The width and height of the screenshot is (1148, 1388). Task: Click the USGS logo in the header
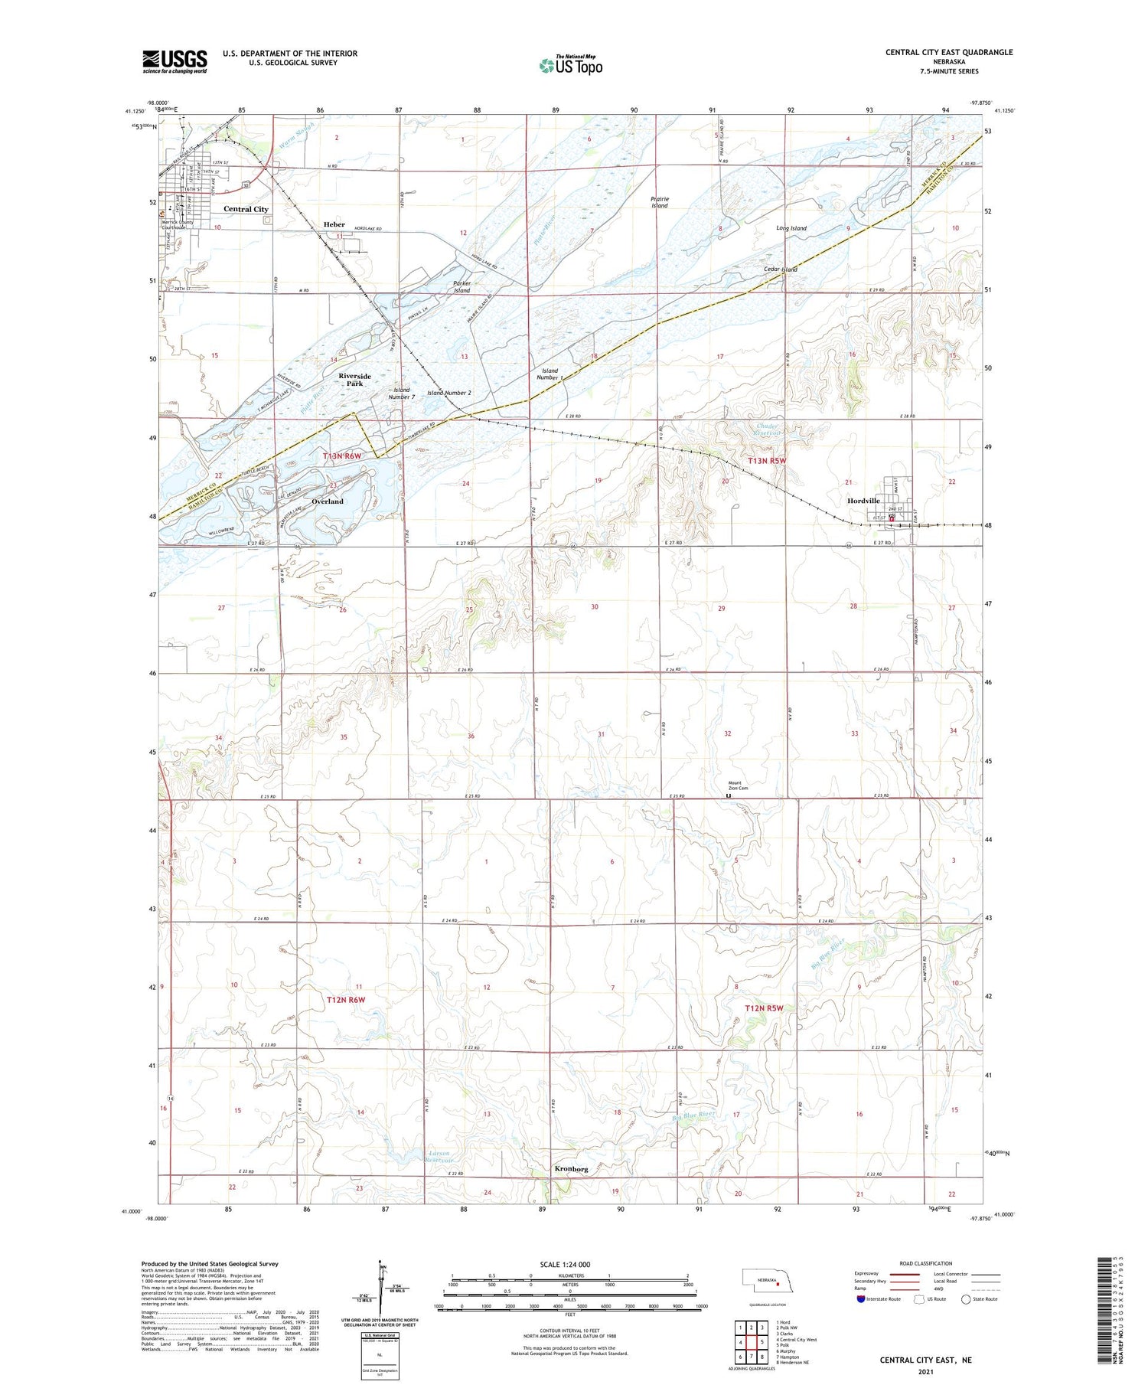174,61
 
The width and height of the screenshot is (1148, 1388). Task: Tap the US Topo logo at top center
571,66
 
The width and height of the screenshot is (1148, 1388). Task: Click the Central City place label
246,209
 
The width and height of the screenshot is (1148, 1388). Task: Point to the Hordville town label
863,501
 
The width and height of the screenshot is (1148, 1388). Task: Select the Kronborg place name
571,1169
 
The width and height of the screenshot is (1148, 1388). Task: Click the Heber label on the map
334,224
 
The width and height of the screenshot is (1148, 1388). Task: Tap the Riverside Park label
354,380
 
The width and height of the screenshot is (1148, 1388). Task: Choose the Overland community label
328,501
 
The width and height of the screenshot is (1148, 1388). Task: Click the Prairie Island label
659,202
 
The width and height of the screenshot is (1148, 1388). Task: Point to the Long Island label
791,228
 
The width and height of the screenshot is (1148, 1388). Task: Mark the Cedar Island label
780,269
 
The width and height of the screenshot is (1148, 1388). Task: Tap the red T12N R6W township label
346,1000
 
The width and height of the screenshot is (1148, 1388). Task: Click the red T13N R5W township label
766,461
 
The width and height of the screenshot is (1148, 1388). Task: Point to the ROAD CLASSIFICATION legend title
926,1263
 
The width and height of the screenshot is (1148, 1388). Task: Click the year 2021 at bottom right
925,1372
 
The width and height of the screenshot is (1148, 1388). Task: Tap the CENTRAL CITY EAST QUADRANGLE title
948,52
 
